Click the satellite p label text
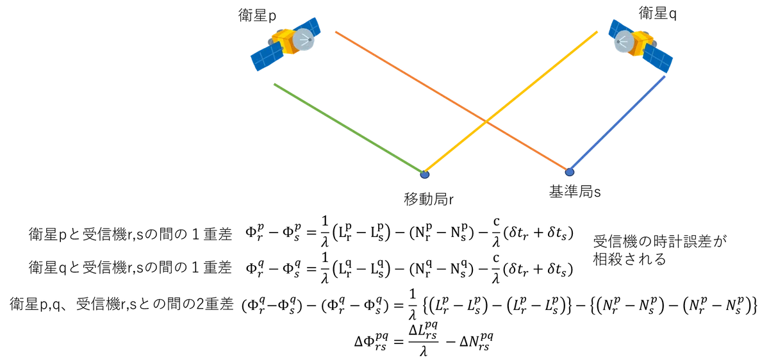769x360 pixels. (257, 15)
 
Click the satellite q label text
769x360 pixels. (657, 13)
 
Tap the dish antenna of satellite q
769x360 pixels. (624, 42)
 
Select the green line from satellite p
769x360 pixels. (349, 128)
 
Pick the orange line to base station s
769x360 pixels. (452, 101)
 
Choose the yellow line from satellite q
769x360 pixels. (511, 102)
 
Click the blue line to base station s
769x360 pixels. (617, 123)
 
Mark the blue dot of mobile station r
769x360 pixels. (425, 175)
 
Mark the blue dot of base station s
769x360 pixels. (570, 172)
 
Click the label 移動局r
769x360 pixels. (429, 199)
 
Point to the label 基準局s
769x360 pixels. (575, 192)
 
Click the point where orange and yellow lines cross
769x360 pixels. (486, 121)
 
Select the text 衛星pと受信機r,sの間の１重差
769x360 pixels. (131, 234)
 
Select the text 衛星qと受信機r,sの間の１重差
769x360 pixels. (131, 268)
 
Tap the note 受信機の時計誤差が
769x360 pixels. (660, 241)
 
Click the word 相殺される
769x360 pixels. (629, 259)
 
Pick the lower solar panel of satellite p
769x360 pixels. (267, 56)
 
